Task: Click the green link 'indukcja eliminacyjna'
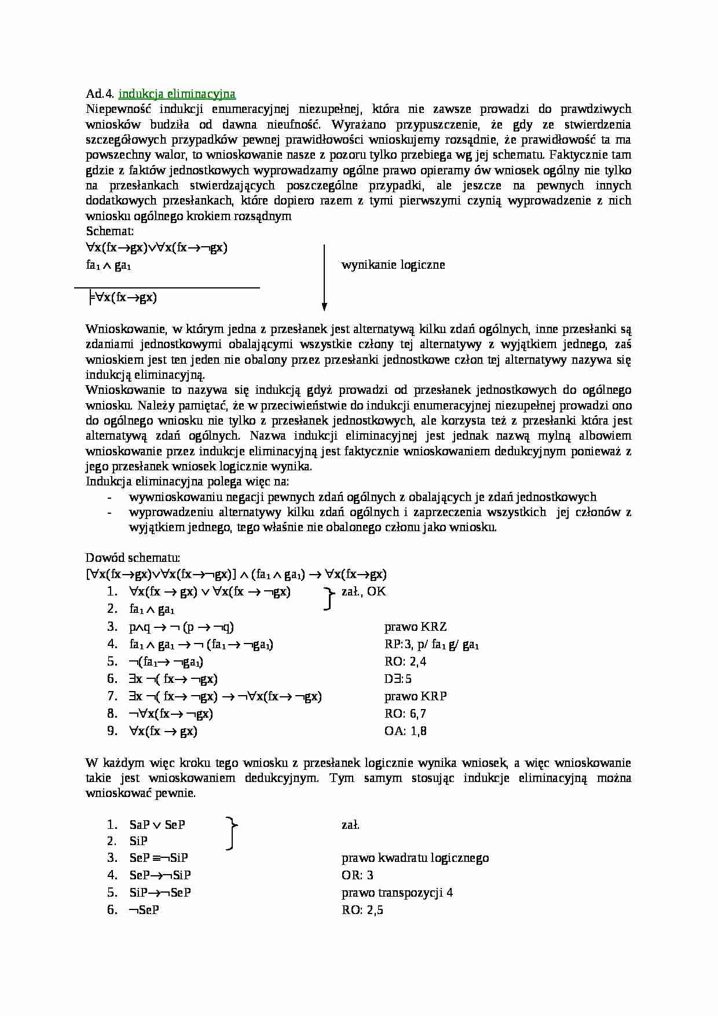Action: (177, 94)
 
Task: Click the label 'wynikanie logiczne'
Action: (393, 265)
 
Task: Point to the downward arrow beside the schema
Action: (324, 278)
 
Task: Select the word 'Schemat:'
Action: (110, 231)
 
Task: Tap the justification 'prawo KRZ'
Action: (415, 627)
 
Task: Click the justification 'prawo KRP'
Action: (415, 696)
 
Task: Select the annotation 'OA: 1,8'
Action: (405, 731)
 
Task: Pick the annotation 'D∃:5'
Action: (398, 679)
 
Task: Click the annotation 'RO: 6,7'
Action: (405, 714)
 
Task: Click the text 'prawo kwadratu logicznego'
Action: (415, 858)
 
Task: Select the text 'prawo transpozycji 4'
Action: (397, 893)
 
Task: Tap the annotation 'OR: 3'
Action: (357, 875)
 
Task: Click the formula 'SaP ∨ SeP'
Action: (157, 825)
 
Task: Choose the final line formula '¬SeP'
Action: (144, 910)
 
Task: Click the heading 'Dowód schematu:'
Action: (133, 558)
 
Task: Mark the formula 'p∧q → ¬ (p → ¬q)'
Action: (181, 627)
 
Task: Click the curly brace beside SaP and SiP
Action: (232, 833)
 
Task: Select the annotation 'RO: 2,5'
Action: (362, 910)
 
